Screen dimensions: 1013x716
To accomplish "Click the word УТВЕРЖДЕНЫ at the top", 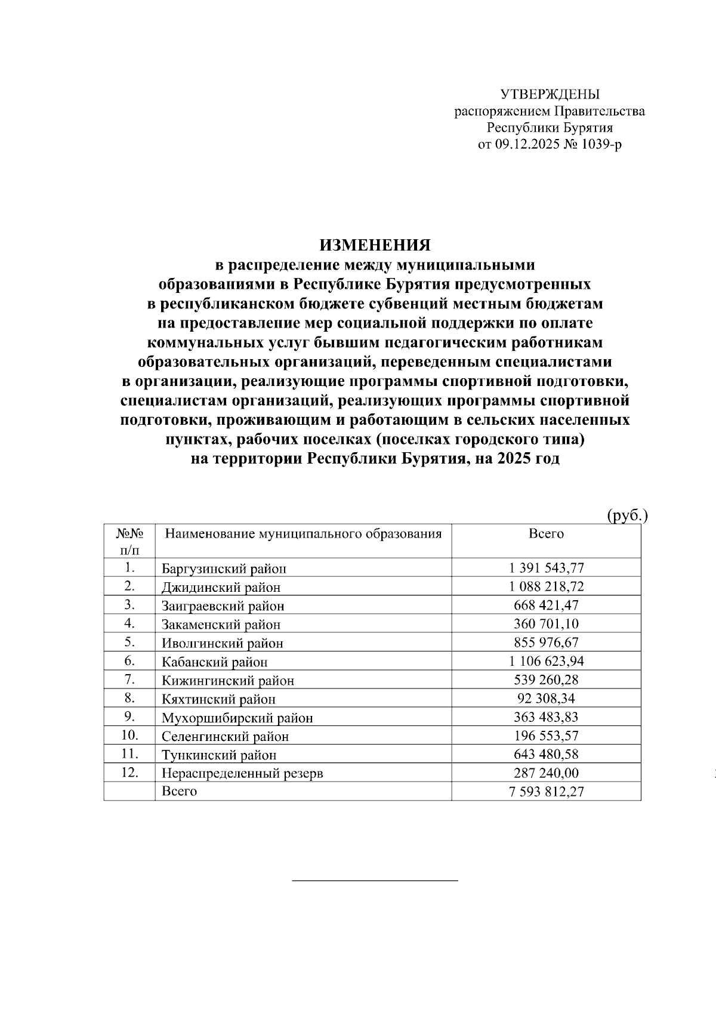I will pyautogui.click(x=550, y=94).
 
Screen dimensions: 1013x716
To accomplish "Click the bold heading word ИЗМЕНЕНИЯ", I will pyautogui.click(x=375, y=245).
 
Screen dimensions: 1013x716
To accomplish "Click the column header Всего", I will pyautogui.click(x=546, y=533).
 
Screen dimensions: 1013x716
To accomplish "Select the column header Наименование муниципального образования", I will pyautogui.click(x=303, y=533).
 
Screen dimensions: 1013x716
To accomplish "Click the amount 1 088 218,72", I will pyautogui.click(x=546, y=586).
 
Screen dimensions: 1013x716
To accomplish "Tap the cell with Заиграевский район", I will pyautogui.click(x=223, y=606).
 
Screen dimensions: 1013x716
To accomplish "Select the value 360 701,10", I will pyautogui.click(x=546, y=624).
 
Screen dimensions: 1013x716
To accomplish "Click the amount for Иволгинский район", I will pyautogui.click(x=546, y=643).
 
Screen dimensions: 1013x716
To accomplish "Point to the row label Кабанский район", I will pyautogui.click(x=214, y=662).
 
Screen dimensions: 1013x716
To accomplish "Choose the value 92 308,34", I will pyautogui.click(x=546, y=699).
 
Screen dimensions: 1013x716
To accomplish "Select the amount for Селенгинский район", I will pyautogui.click(x=546, y=736).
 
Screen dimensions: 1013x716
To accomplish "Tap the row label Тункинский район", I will pyautogui.click(x=219, y=755).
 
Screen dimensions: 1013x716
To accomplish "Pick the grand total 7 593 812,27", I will pyautogui.click(x=546, y=792).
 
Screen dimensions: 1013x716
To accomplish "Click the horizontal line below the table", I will pyautogui.click(x=375, y=880).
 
